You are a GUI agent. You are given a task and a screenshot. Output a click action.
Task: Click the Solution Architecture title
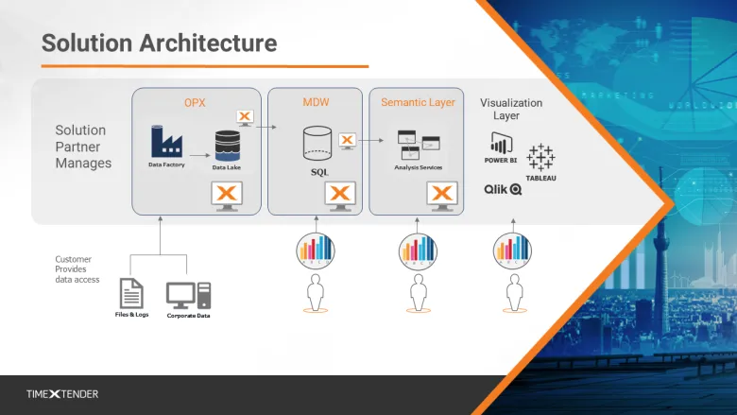tap(159, 43)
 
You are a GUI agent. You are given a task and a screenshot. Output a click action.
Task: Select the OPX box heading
tap(197, 102)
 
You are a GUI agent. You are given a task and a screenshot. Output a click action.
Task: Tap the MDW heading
tap(316, 102)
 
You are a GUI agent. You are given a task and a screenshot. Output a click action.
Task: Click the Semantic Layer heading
tap(418, 102)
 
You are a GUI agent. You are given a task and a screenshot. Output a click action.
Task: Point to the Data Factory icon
tap(166, 143)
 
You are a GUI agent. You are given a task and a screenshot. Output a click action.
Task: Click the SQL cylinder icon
tap(318, 144)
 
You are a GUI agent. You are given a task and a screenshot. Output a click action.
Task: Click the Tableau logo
tap(541, 161)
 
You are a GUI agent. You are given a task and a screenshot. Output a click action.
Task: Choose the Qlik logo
tap(503, 189)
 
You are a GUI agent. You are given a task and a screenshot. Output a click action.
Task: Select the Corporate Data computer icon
tap(188, 295)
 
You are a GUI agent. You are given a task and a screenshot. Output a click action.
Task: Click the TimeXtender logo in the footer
tap(61, 393)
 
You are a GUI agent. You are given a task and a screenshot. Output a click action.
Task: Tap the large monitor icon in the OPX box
tap(226, 195)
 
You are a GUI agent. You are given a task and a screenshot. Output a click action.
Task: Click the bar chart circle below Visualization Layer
tap(514, 249)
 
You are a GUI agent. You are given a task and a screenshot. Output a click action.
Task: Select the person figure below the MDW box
tap(316, 293)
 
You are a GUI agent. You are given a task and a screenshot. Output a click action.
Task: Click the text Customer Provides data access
tap(77, 268)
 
